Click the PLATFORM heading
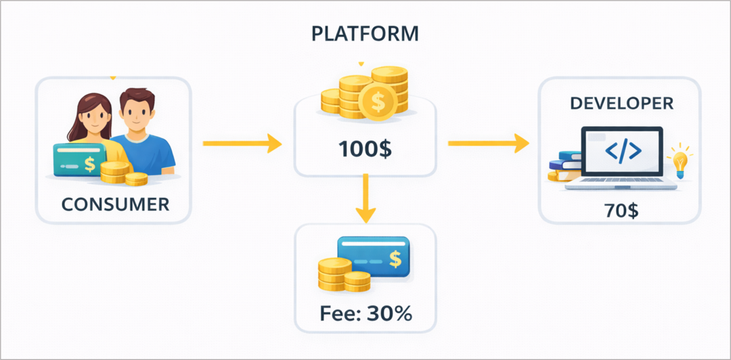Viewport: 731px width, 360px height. click(x=365, y=34)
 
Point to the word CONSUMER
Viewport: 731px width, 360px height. click(x=114, y=204)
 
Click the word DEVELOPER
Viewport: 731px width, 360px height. click(x=621, y=104)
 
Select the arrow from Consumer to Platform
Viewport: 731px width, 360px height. click(x=242, y=143)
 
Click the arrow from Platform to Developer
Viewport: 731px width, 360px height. click(x=487, y=143)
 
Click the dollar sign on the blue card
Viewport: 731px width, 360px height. click(x=394, y=259)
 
